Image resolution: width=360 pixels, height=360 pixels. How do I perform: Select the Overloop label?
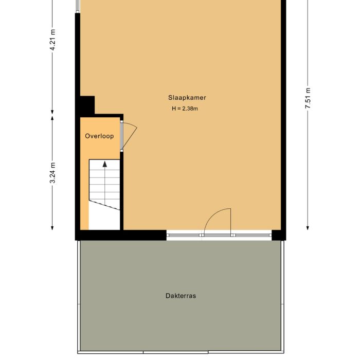click(99, 136)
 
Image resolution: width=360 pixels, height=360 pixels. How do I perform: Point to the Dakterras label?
click(181, 296)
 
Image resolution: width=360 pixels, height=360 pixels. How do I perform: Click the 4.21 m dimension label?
click(52, 40)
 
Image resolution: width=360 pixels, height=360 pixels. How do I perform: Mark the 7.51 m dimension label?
click(308, 97)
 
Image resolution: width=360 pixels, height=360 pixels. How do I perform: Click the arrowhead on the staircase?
click(105, 164)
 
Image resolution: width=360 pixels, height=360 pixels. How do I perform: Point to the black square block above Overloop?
click(87, 105)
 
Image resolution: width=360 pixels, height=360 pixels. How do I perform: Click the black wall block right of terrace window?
click(278, 236)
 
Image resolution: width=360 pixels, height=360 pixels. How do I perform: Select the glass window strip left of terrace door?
click(184, 236)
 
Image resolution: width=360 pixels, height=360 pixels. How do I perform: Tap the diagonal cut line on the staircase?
click(104, 205)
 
